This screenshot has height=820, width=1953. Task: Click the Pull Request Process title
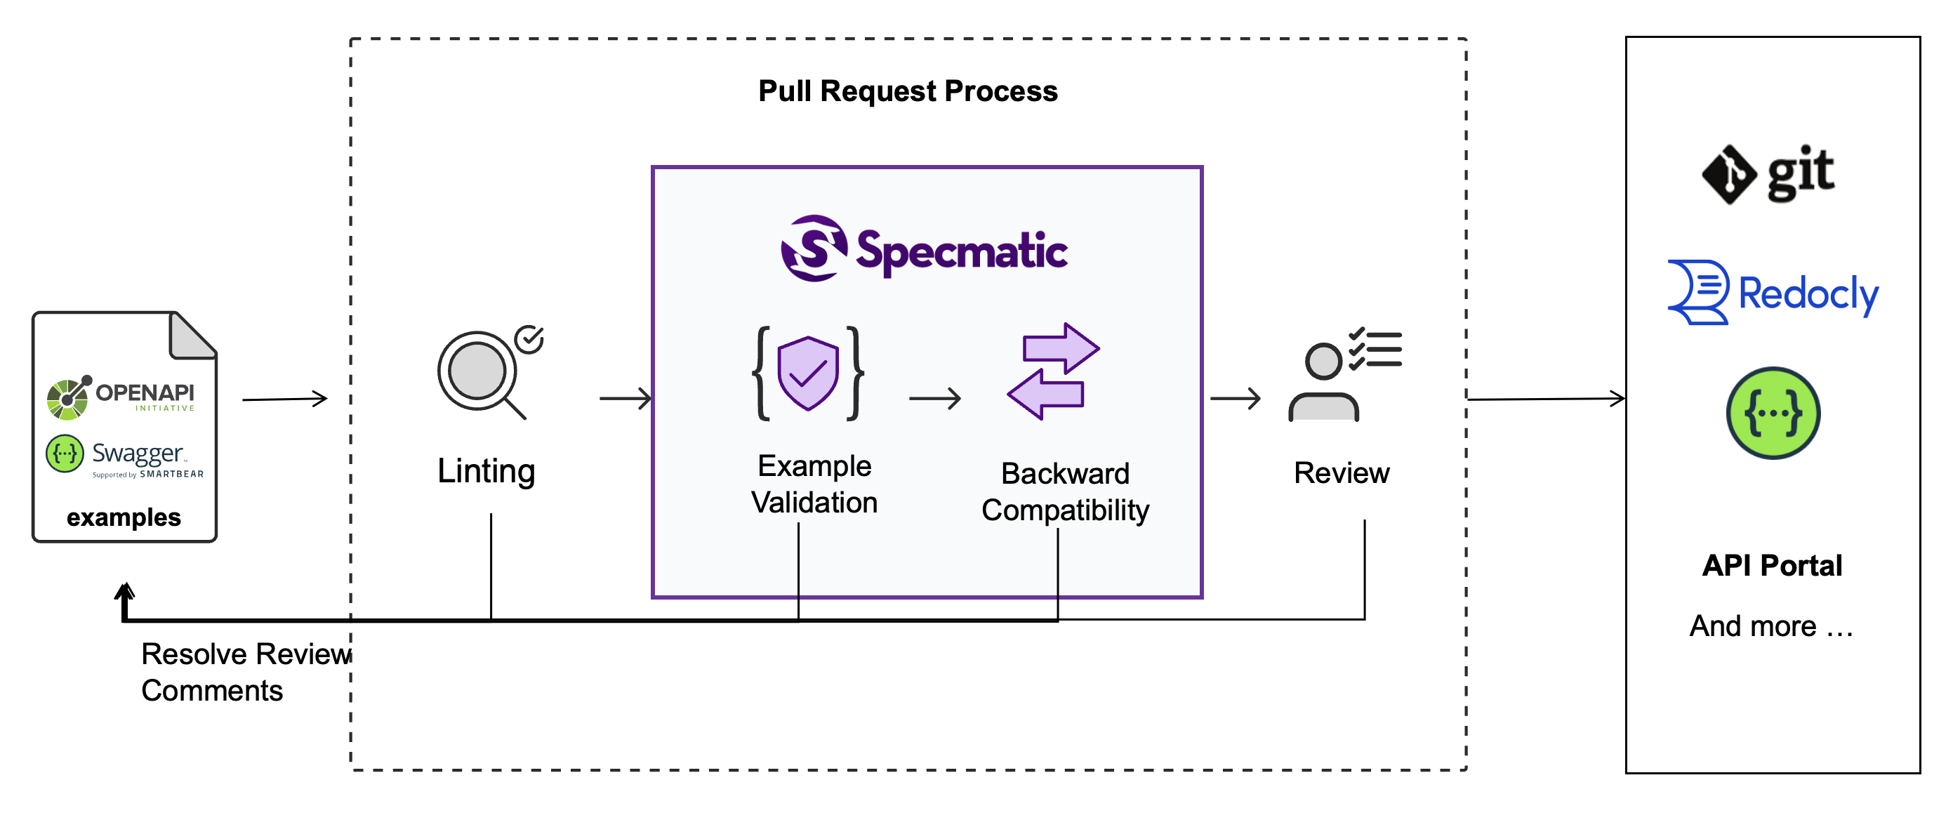click(908, 92)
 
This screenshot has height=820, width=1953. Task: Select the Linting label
click(486, 471)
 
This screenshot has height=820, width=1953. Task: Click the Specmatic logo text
click(960, 251)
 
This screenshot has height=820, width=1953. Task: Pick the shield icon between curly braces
click(807, 373)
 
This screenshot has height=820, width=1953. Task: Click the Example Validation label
click(814, 484)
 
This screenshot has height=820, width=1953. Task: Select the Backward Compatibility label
click(1064, 492)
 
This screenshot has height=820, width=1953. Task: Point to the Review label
click(1340, 473)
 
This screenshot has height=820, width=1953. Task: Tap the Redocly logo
click(1772, 293)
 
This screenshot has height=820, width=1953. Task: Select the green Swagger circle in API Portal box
click(1772, 414)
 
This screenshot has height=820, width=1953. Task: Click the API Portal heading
click(1771, 565)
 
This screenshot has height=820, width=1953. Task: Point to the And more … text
click(1771, 626)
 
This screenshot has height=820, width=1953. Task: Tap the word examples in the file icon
click(124, 517)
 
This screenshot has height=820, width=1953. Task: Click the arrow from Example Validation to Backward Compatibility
click(934, 399)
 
